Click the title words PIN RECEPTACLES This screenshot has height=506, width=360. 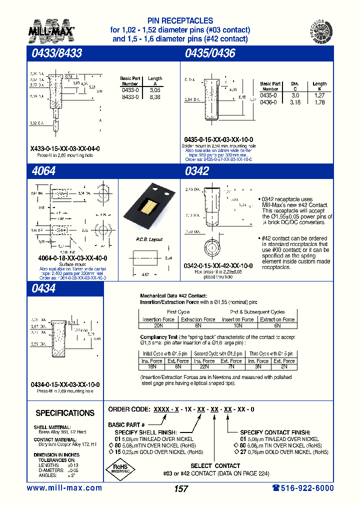point(180,21)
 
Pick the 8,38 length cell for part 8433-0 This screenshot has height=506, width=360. point(154,97)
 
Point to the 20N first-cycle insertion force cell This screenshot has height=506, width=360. point(158,325)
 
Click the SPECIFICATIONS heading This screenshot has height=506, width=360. point(65,413)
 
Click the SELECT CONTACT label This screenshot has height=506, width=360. point(215,465)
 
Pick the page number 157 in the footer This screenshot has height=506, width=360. point(180,489)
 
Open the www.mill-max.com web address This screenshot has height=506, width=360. point(64,488)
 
